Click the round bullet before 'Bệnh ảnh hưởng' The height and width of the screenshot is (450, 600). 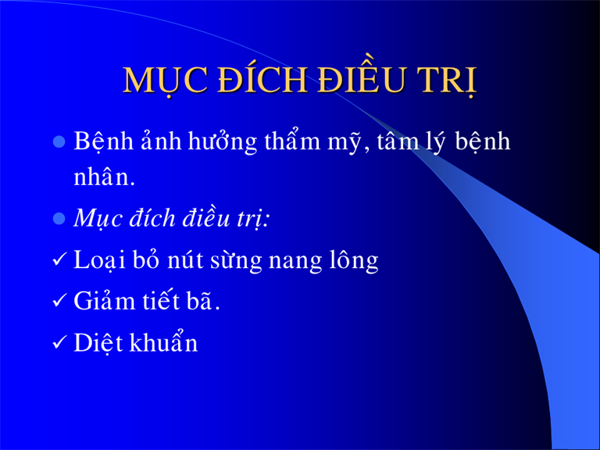(x=59, y=142)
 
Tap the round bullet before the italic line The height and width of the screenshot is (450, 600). (x=59, y=219)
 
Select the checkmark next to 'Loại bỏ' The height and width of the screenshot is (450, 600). (x=59, y=259)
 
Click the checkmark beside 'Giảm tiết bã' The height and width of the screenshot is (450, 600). (x=59, y=300)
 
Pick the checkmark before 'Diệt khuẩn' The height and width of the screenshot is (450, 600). (x=59, y=341)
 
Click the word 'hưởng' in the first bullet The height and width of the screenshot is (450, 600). (x=223, y=142)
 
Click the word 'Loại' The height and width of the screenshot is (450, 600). (x=99, y=261)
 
